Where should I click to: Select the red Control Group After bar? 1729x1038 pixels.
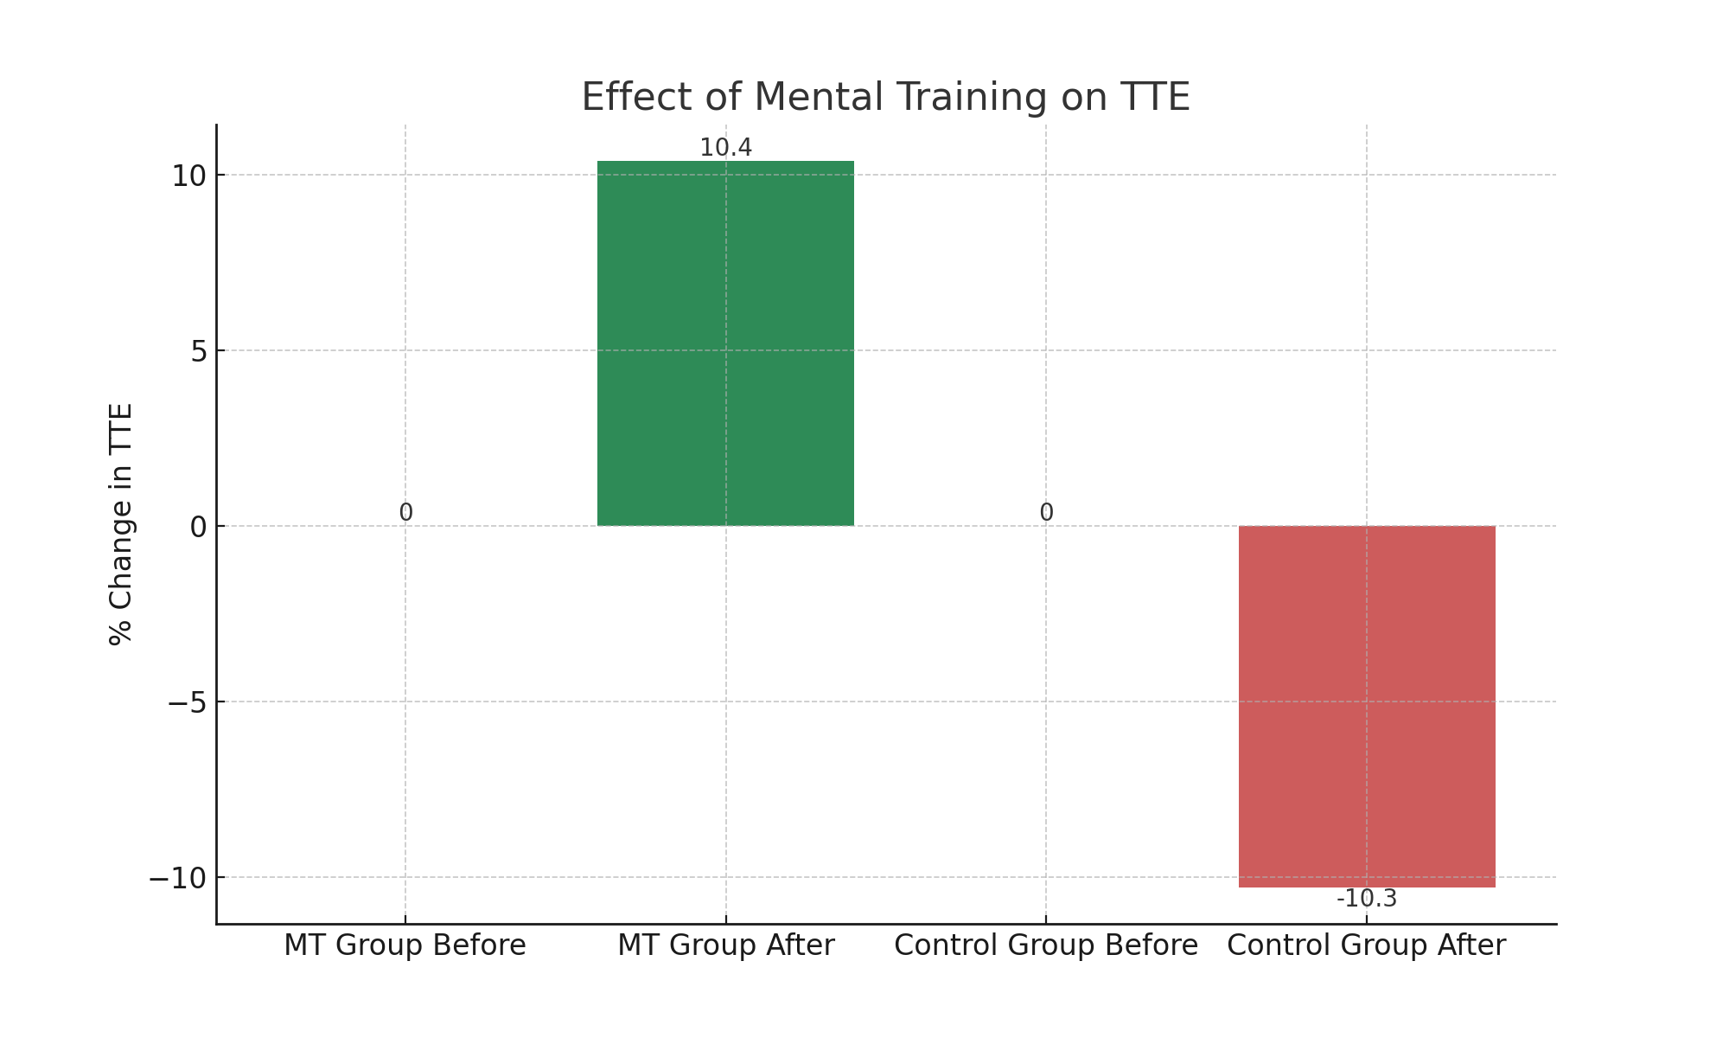(x=1366, y=706)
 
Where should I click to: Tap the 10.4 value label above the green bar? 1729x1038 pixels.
(x=725, y=148)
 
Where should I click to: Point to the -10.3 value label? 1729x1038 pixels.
(x=1366, y=899)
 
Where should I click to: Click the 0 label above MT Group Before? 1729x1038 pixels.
(x=405, y=513)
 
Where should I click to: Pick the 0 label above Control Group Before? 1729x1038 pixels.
(x=1046, y=513)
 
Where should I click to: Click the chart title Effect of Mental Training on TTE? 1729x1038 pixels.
(x=885, y=97)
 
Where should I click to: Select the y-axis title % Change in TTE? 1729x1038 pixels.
(x=121, y=524)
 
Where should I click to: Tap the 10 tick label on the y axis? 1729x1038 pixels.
(x=188, y=176)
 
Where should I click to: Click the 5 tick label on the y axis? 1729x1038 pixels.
(x=199, y=351)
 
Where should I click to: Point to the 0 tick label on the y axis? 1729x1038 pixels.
(x=199, y=527)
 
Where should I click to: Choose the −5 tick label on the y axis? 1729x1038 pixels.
(x=187, y=702)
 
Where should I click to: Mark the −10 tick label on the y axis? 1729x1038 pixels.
(x=176, y=878)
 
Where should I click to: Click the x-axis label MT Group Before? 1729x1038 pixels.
(x=405, y=945)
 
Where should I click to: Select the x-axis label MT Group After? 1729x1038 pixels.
(x=725, y=945)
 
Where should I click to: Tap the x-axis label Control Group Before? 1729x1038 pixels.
(x=1046, y=945)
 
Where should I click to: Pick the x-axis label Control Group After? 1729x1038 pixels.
(x=1366, y=945)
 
